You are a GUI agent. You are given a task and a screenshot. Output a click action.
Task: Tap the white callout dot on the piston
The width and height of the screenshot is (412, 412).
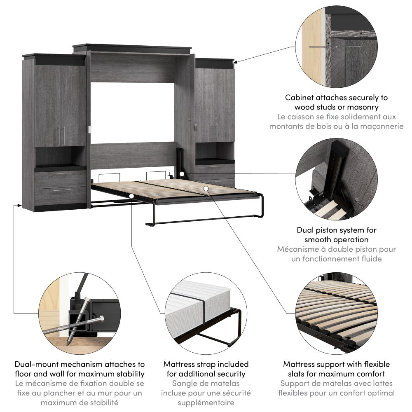pos(182,174)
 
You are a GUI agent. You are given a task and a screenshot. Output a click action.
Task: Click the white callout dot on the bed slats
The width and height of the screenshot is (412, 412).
pos(206,188)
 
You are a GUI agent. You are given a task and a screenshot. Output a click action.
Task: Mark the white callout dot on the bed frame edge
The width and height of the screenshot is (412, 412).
pos(131,196)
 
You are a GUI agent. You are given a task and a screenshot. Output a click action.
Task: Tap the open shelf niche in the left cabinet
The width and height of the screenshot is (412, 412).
pos(61,157)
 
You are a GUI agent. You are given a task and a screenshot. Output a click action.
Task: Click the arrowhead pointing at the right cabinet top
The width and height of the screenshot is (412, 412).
pos(236,63)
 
